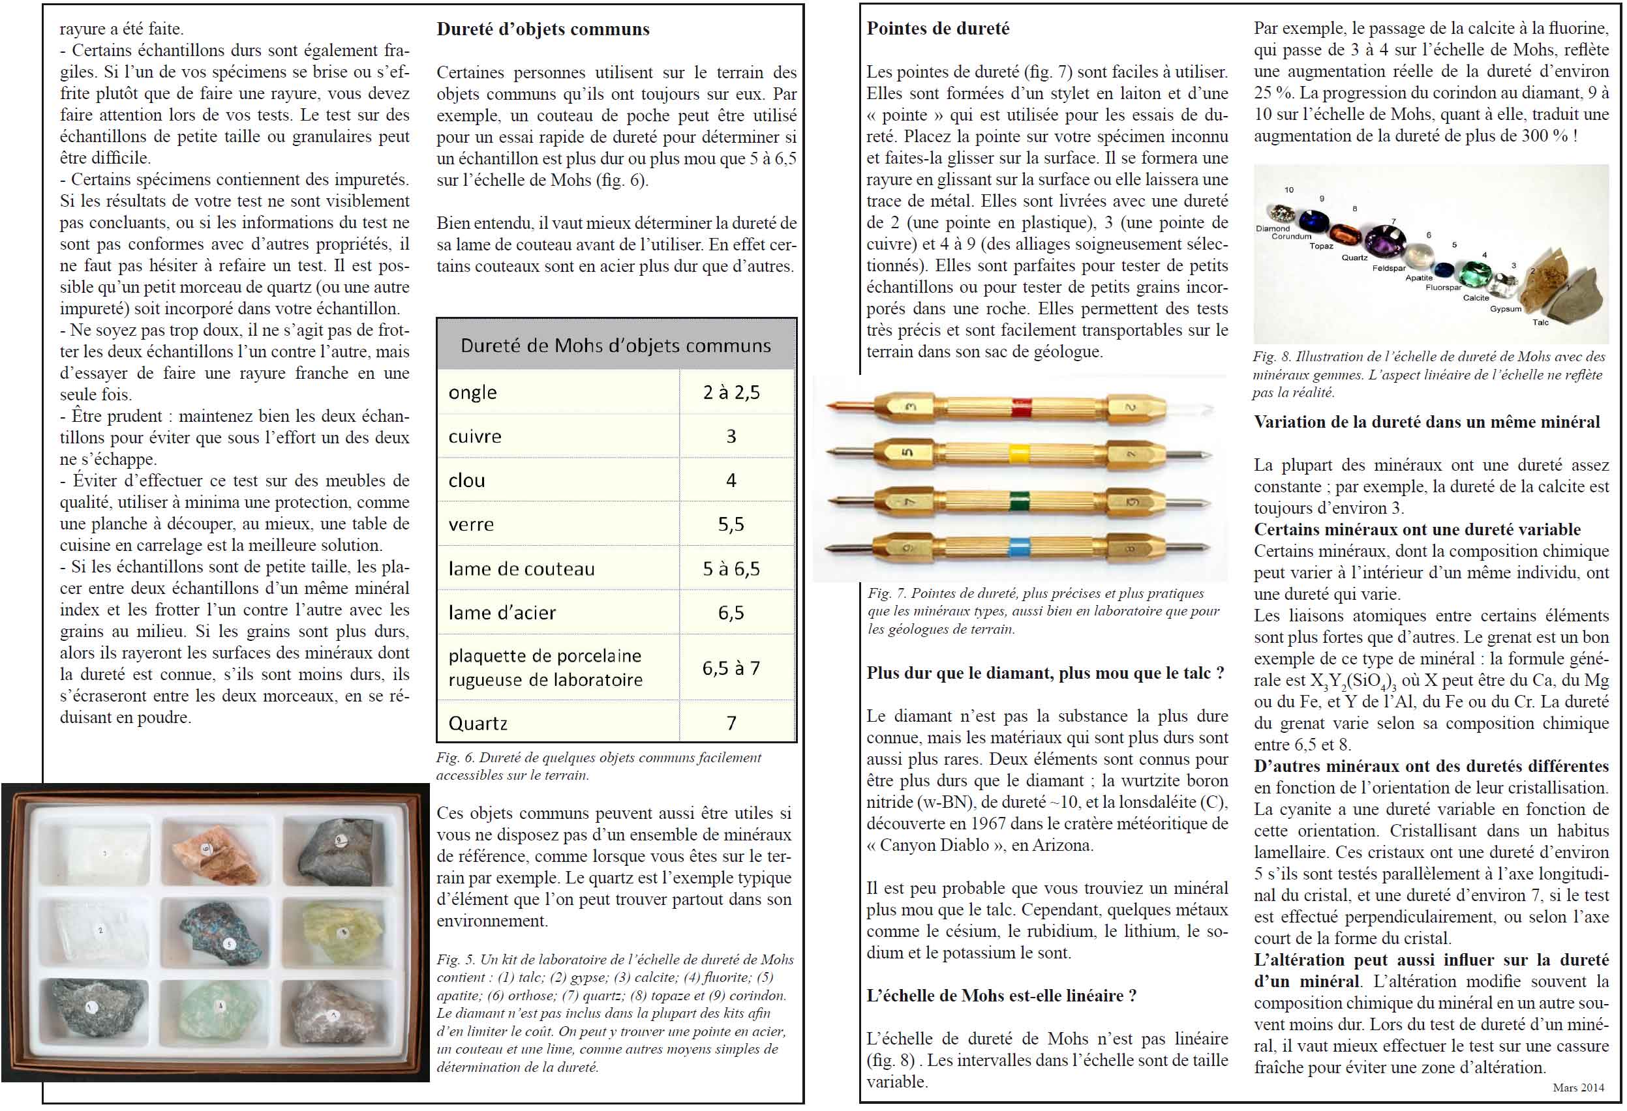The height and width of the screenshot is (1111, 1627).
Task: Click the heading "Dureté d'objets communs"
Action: [x=543, y=29]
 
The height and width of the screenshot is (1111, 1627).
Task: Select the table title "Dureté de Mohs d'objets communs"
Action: [x=615, y=346]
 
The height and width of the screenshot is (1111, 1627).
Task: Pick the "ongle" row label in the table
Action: [x=472, y=393]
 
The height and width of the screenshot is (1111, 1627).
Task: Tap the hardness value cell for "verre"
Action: [x=731, y=525]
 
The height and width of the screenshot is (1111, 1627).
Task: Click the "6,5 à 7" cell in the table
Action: [x=731, y=668]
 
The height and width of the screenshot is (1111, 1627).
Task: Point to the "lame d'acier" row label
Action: [x=502, y=613]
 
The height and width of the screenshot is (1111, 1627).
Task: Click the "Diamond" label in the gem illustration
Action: [x=1272, y=229]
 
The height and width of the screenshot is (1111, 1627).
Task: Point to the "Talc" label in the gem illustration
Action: [x=1540, y=323]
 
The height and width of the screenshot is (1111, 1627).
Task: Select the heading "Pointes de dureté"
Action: [x=937, y=29]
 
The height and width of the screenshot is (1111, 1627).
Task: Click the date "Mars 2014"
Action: [x=1577, y=1088]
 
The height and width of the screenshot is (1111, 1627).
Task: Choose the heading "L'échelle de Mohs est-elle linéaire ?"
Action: [x=1001, y=996]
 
